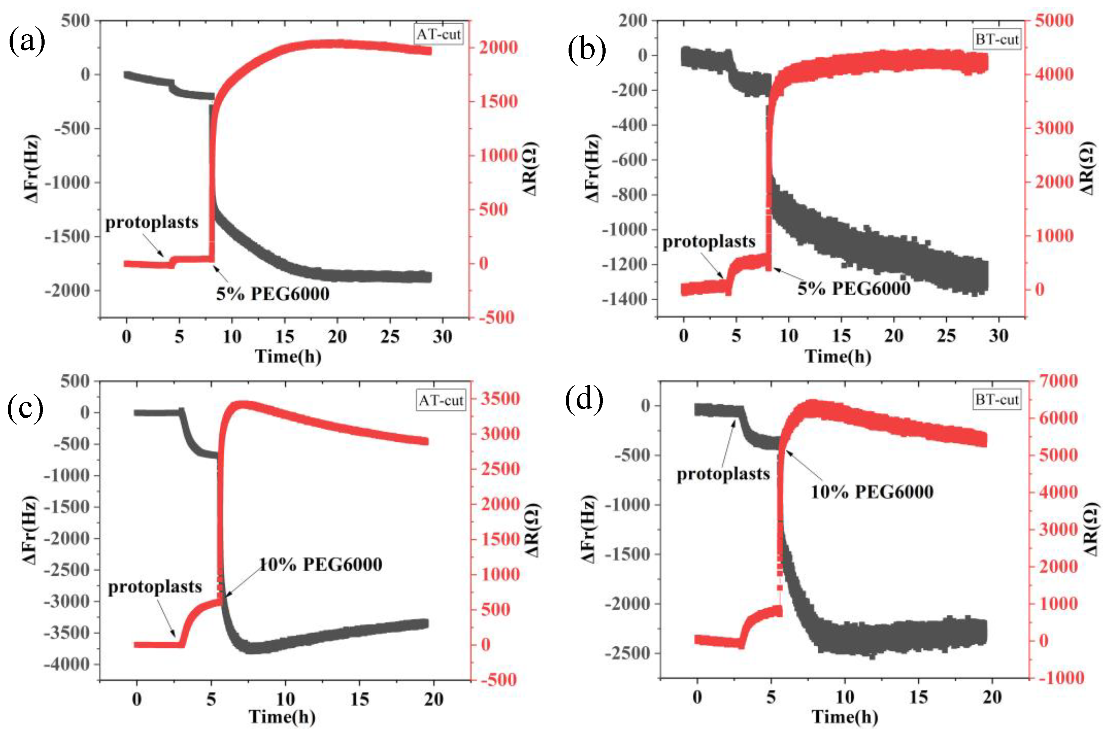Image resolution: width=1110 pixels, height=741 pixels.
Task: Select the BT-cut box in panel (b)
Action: tap(996, 40)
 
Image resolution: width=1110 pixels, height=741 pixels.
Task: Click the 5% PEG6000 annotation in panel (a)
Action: tap(273, 294)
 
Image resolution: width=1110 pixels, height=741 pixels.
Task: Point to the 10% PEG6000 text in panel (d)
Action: tap(872, 492)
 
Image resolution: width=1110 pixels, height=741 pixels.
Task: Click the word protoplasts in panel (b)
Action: tap(709, 241)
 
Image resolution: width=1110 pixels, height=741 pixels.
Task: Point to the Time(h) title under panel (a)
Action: tap(288, 356)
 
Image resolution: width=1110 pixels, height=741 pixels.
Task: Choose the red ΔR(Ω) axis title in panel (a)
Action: tap(530, 169)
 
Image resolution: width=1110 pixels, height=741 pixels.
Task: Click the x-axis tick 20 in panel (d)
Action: tap(992, 697)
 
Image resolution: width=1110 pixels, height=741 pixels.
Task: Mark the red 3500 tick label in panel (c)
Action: tap(501, 398)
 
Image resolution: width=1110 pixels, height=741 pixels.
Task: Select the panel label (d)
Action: tap(584, 399)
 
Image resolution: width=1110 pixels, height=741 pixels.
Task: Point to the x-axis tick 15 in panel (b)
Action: tap(841, 336)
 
